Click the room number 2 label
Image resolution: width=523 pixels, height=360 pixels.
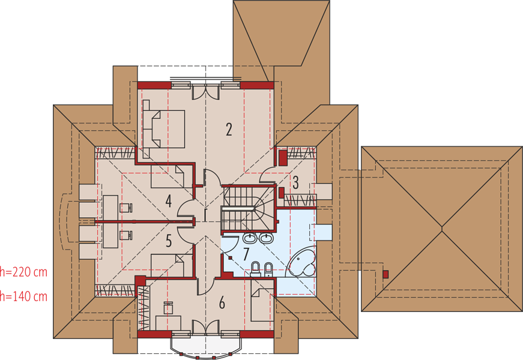tap(229, 130)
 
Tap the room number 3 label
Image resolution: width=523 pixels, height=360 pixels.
tap(295, 182)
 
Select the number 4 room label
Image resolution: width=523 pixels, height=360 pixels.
tap(169, 202)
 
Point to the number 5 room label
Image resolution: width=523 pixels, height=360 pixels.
tap(169, 241)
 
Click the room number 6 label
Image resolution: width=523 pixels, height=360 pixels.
tap(222, 302)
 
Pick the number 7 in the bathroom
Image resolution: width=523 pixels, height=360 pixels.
tap(246, 254)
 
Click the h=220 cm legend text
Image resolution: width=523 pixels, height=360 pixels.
tap(23, 272)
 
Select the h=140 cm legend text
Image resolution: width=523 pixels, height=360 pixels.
tap(23, 296)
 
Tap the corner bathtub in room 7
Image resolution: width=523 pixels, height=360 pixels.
tap(302, 262)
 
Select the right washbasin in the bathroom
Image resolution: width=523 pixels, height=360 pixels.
tap(266, 238)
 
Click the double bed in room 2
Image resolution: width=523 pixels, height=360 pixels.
tap(164, 129)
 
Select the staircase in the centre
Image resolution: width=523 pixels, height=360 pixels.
tap(248, 208)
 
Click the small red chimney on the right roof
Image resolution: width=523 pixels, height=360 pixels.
tap(385, 274)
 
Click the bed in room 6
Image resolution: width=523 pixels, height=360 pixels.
tap(263, 305)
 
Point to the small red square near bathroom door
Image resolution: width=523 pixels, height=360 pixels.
tap(230, 257)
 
